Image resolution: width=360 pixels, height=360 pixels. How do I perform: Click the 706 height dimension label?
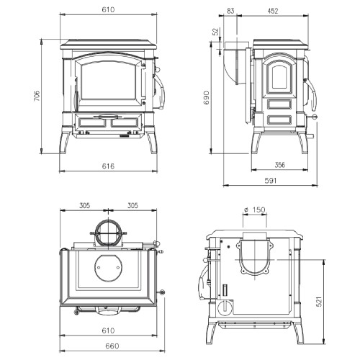coord(37,96)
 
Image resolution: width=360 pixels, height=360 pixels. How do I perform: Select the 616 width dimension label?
coord(108,166)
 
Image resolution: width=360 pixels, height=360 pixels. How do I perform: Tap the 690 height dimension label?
coord(207,97)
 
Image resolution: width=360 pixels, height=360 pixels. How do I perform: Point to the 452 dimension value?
coord(272,11)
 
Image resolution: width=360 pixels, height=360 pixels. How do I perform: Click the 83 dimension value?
coord(230,11)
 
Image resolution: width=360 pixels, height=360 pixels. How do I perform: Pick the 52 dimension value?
coord(217,32)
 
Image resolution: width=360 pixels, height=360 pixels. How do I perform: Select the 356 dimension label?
coord(280,165)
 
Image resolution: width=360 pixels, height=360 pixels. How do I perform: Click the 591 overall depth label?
coord(271,181)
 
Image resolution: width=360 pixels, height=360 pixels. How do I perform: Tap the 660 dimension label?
coord(112,346)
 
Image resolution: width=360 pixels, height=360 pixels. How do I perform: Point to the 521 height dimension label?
coord(319,302)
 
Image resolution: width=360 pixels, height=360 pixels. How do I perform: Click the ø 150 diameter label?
coord(255,210)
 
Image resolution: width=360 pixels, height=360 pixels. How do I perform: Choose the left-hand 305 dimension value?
coord(84,205)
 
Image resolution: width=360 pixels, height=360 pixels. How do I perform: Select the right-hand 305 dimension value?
coord(132,205)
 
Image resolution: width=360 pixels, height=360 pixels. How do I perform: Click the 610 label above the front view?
coord(108,9)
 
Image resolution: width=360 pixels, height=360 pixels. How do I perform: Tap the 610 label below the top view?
coord(108,330)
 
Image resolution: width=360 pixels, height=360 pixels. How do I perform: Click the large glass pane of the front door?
coord(108,81)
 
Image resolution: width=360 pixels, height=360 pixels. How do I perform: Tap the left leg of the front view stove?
coord(65,143)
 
